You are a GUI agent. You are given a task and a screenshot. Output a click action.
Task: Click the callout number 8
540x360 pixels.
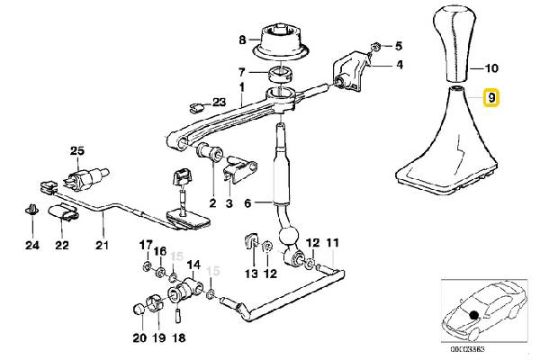[x=241, y=40]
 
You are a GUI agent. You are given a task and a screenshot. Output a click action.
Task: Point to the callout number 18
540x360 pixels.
[x=177, y=338]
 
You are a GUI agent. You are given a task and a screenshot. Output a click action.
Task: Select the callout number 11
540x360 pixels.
[x=332, y=244]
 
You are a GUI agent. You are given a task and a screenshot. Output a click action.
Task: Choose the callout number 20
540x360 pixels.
[x=138, y=338]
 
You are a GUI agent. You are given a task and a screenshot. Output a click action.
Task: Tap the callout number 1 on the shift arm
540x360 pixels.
[x=241, y=88]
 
